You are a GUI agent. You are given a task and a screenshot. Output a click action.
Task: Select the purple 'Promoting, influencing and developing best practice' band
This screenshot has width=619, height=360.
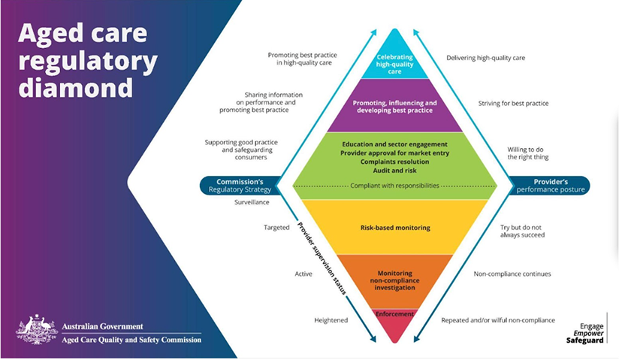coord(394,107)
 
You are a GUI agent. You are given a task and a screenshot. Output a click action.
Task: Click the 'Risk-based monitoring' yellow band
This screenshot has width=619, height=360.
coord(394,226)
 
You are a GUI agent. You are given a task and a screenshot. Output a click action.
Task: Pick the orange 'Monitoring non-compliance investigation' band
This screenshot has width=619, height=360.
coord(394,277)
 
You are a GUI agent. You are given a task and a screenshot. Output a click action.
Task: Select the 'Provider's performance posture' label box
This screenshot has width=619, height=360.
coord(548,186)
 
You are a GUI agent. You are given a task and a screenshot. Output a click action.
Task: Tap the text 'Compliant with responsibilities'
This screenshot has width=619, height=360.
coord(394,185)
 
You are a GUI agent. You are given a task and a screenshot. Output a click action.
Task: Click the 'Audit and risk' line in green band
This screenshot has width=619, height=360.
coord(394,171)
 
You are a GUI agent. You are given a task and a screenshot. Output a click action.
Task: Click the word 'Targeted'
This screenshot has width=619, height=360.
coord(276,227)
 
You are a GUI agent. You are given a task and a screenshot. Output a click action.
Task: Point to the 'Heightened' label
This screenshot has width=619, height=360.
coord(331,320)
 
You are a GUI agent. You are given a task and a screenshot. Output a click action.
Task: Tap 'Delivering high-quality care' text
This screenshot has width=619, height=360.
coord(485,57)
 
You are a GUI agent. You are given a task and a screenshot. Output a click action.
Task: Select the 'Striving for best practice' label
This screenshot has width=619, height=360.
coord(513,103)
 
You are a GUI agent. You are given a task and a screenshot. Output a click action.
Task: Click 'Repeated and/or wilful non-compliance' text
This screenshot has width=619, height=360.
coord(498,320)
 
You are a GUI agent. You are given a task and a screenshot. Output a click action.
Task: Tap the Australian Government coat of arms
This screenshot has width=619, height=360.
coord(37,329)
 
